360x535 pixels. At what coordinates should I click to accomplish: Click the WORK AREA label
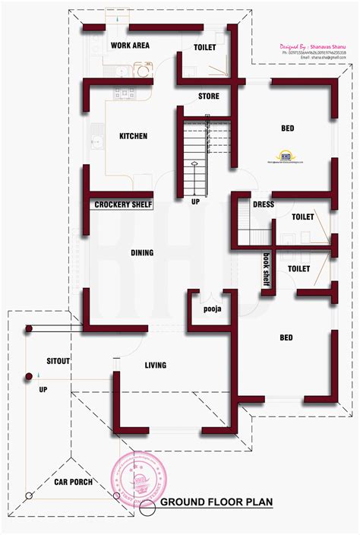(130, 46)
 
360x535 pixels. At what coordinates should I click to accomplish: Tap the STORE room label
(209, 97)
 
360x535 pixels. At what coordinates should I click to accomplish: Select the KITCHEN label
(133, 137)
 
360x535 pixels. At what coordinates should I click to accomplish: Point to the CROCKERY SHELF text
(123, 205)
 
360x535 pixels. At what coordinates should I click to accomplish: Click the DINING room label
(141, 253)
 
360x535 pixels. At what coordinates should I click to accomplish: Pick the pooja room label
(212, 309)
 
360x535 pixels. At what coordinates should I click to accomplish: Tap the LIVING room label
(156, 366)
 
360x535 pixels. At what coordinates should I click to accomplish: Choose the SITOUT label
(58, 362)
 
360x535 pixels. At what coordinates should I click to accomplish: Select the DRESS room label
(264, 204)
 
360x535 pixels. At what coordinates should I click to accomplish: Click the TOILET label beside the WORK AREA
(205, 47)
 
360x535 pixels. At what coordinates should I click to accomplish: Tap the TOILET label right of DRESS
(302, 217)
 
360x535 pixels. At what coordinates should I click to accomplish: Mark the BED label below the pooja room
(286, 337)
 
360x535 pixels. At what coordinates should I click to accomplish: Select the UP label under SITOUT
(43, 390)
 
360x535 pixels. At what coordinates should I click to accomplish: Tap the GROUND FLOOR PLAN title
(216, 502)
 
